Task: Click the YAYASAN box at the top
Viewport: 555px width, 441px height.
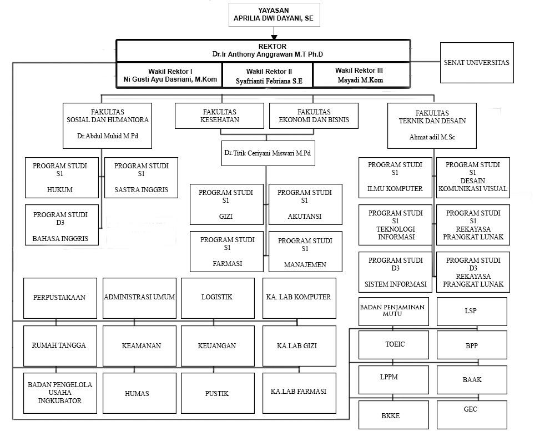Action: click(274, 14)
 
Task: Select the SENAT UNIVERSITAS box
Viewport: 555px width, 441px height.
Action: click(476, 63)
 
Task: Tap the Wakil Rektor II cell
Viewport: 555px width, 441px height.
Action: click(269, 76)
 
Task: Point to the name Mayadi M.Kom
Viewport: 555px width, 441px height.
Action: click(360, 80)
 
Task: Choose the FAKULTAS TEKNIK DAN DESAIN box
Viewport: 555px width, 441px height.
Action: click(432, 126)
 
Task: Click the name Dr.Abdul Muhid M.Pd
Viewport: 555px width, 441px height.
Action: click(108, 136)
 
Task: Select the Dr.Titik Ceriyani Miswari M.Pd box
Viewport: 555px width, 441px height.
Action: click(268, 153)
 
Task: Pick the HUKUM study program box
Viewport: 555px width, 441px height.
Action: click(60, 178)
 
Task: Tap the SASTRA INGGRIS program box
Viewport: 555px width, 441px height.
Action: click(141, 178)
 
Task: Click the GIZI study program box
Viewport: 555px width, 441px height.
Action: click(226, 204)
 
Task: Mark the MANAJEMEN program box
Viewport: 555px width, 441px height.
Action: click(305, 252)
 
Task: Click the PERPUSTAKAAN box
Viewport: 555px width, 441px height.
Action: click(60, 298)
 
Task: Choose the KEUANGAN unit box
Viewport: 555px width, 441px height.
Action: click(217, 345)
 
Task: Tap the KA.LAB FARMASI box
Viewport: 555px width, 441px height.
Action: click(299, 393)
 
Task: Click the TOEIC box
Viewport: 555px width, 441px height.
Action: click(395, 345)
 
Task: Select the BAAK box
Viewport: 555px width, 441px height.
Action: click(472, 380)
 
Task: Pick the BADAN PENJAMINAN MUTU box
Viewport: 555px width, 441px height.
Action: click(395, 311)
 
